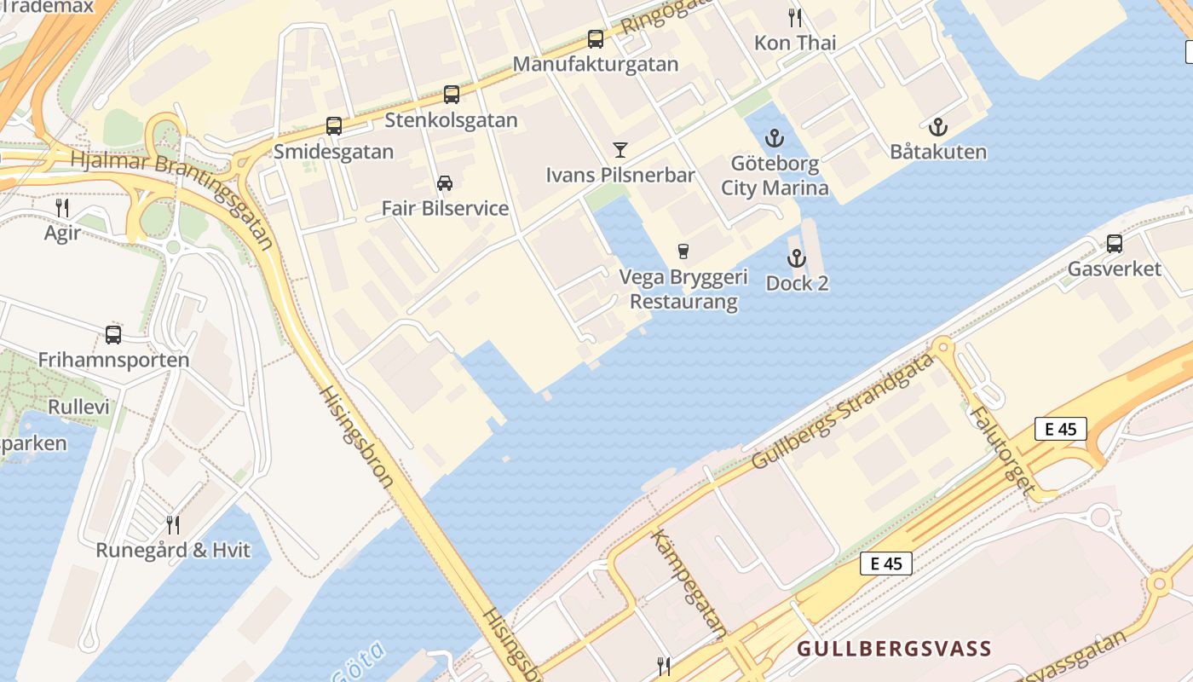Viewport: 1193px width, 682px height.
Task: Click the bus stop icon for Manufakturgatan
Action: click(x=596, y=39)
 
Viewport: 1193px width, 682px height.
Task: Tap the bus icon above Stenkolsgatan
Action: click(x=452, y=95)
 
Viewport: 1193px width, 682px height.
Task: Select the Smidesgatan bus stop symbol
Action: click(x=334, y=126)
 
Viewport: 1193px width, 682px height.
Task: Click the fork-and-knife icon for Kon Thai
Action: click(x=795, y=17)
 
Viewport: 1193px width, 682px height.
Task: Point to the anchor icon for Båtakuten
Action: click(x=938, y=128)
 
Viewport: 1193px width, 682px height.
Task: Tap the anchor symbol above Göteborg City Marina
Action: click(x=774, y=138)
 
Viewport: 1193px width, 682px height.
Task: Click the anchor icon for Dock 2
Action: click(x=797, y=258)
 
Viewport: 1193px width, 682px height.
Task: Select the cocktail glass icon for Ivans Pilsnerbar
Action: click(x=620, y=150)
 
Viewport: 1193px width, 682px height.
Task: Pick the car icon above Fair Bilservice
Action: click(x=445, y=182)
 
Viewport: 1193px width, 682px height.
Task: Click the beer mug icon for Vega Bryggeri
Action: click(x=683, y=251)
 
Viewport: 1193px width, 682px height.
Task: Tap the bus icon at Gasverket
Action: click(x=1114, y=244)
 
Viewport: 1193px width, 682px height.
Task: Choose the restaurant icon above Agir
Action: click(x=62, y=207)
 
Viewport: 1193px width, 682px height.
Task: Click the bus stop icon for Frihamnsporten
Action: click(x=113, y=334)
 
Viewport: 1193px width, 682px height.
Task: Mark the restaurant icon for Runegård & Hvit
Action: click(x=173, y=524)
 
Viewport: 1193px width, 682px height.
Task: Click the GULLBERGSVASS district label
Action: click(x=894, y=649)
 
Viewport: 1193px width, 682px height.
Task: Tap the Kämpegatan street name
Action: click(x=689, y=583)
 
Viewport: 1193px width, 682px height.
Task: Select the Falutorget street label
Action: click(x=1002, y=452)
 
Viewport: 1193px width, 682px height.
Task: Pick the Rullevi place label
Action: click(x=78, y=407)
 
